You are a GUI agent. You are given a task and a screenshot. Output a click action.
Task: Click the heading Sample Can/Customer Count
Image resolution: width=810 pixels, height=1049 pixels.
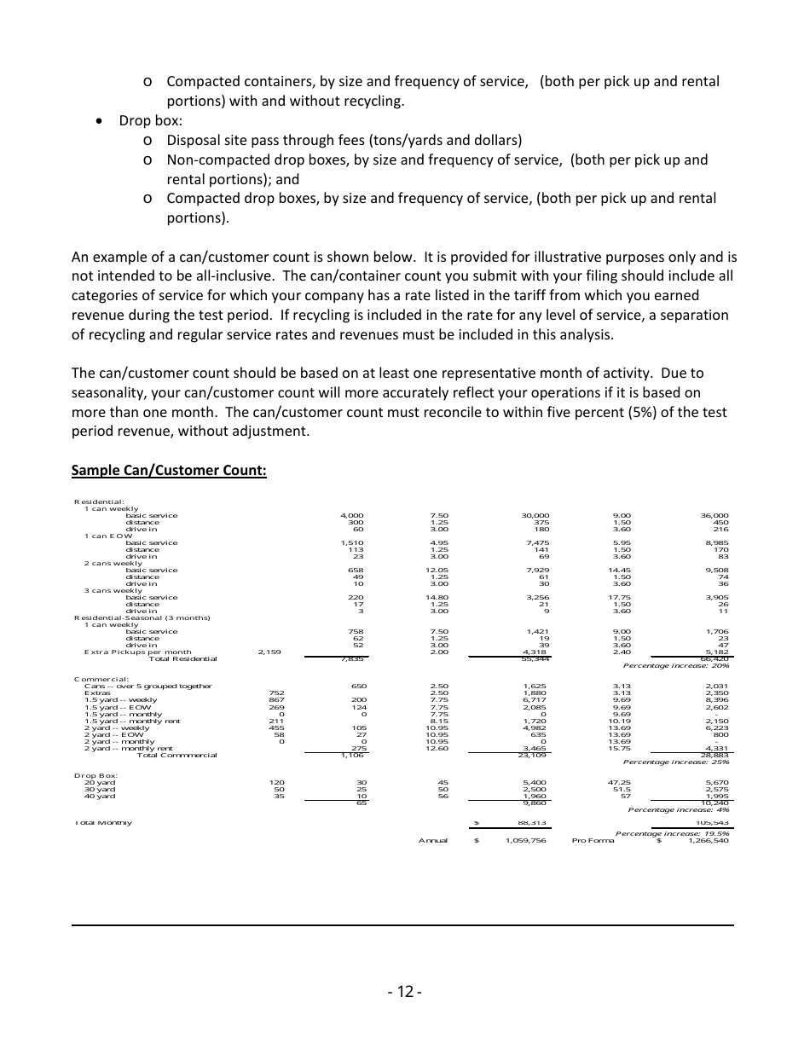click(169, 470)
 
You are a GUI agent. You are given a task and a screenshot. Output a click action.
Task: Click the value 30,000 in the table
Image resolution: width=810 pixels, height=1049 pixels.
click(535, 515)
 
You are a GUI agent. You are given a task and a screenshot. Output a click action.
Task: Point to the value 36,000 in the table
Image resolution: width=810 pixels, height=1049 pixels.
click(714, 515)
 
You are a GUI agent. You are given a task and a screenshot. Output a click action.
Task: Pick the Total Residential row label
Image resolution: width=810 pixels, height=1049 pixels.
click(182, 658)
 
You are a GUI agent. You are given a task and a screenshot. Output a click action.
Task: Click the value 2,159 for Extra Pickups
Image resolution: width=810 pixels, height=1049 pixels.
click(269, 652)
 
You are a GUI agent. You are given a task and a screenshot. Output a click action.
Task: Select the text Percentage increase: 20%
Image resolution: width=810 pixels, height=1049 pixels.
click(676, 665)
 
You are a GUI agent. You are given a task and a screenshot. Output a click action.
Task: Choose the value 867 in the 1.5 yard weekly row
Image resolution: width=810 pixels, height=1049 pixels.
click(275, 699)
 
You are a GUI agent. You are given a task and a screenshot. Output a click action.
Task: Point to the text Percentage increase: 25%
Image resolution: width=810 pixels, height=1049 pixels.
click(676, 762)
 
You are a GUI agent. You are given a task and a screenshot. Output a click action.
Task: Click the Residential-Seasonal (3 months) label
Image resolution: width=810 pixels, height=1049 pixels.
click(142, 617)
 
